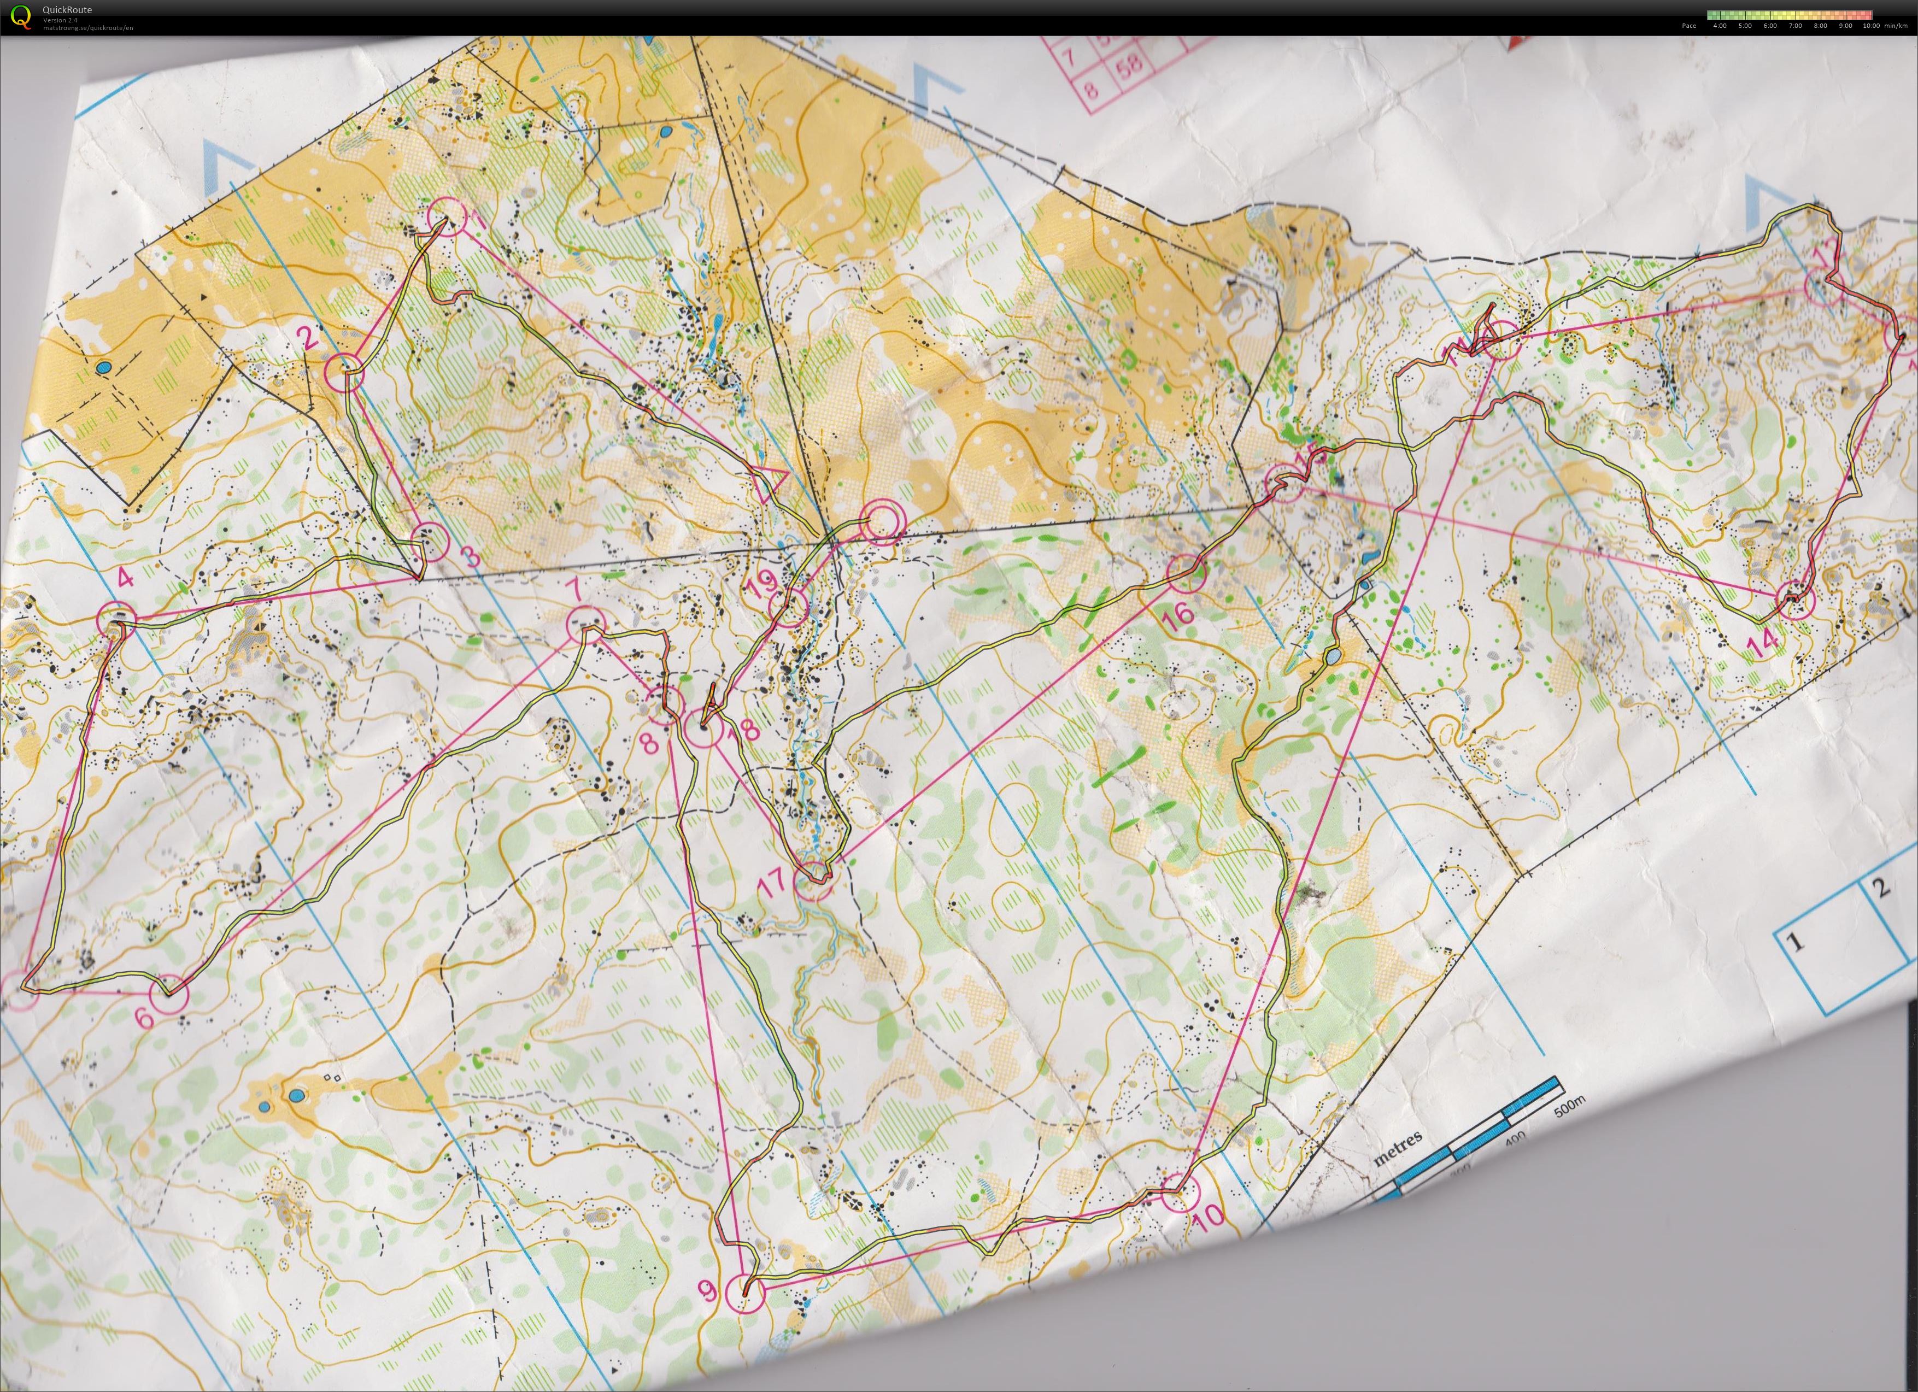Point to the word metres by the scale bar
pos(1396,1148)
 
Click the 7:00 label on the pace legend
pos(1796,25)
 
